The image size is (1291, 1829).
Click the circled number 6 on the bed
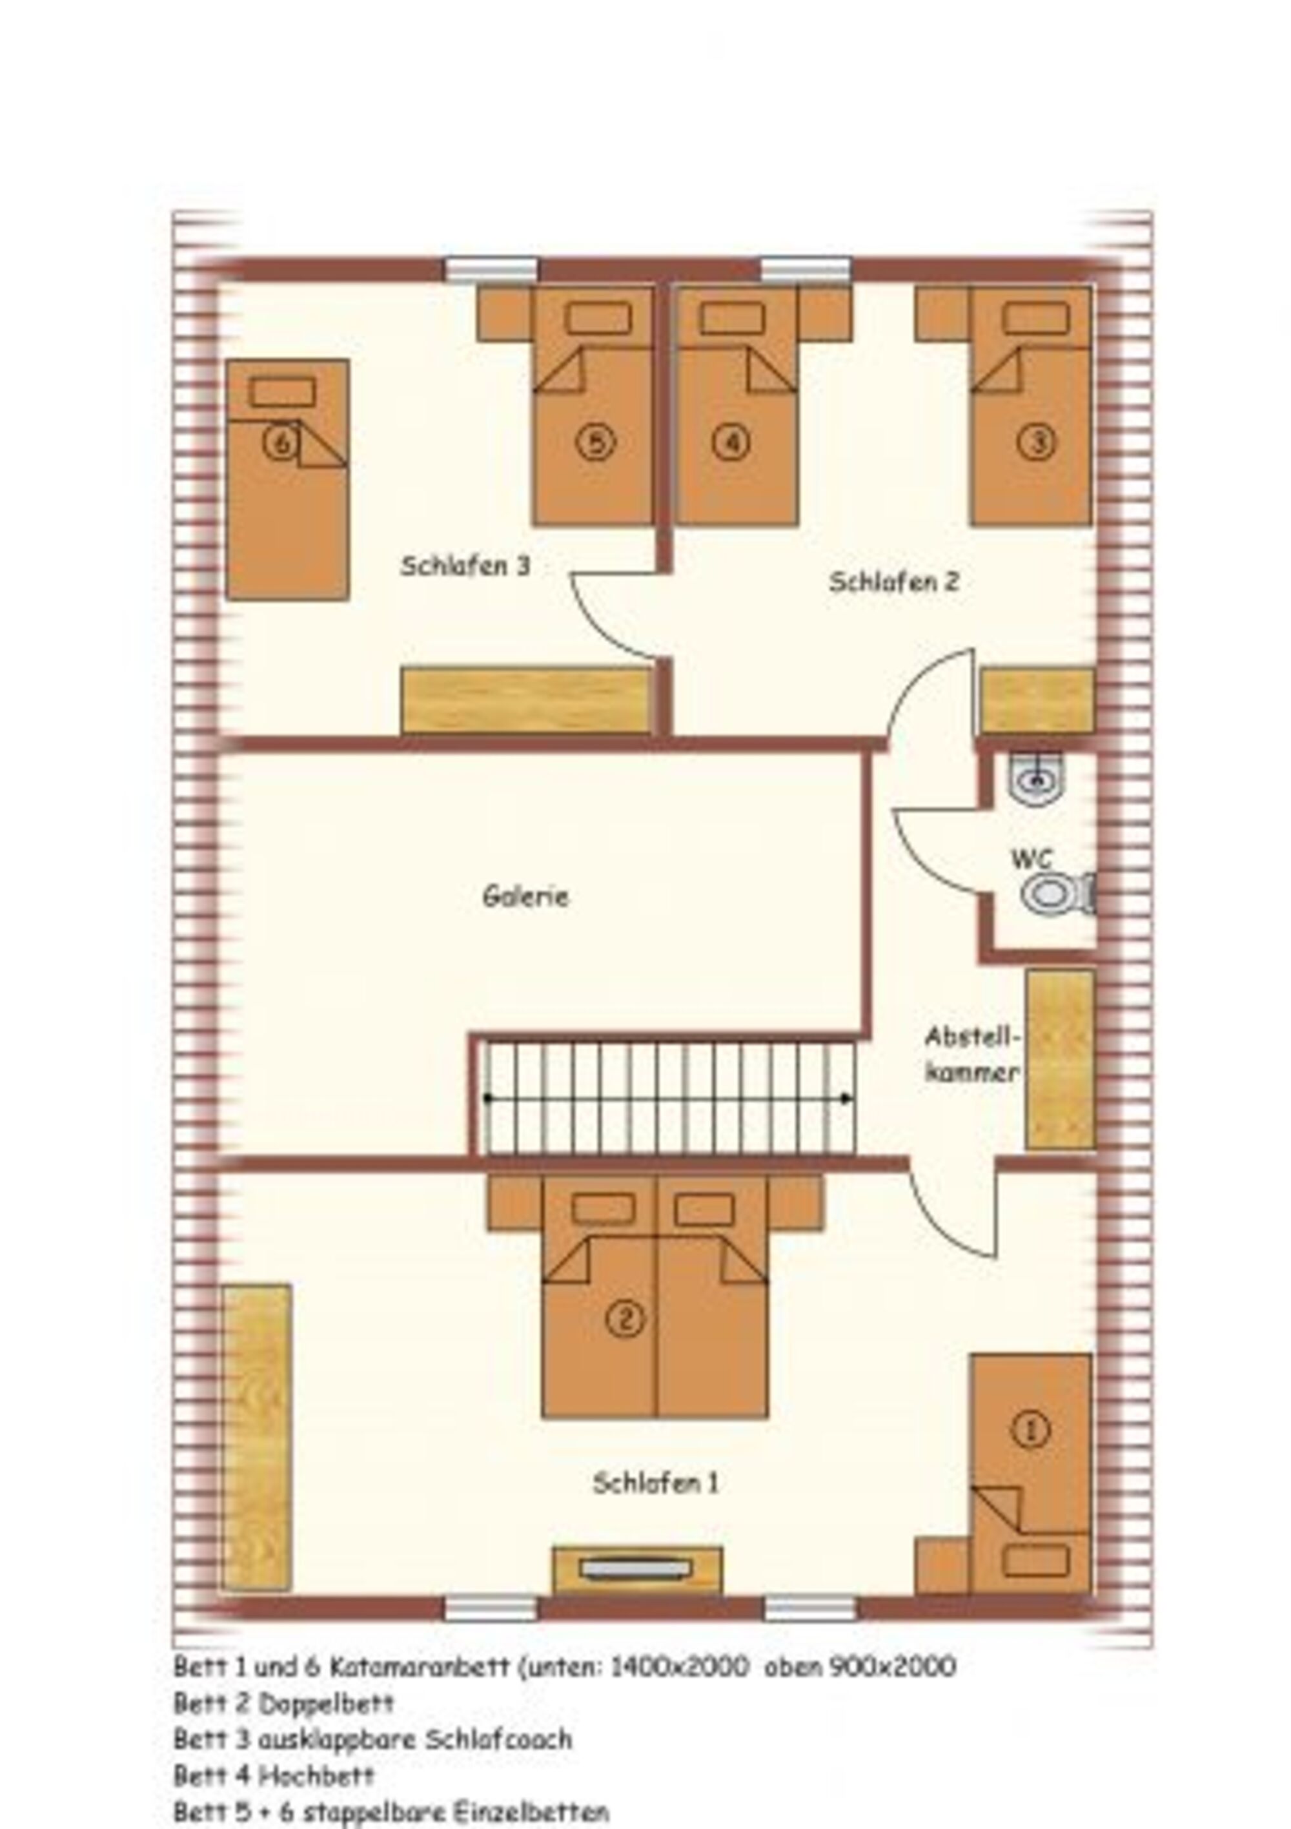[x=280, y=442]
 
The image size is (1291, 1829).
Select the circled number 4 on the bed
[x=731, y=442]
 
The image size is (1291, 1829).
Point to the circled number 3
[x=1037, y=442]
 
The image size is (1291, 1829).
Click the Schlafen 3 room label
[x=465, y=566]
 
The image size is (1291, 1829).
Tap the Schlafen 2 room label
[x=893, y=583]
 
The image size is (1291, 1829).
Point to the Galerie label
[x=525, y=897]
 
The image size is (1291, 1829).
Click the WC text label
[x=1032, y=859]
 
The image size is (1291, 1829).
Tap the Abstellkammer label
[x=972, y=1055]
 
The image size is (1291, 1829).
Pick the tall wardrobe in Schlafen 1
[x=256, y=1438]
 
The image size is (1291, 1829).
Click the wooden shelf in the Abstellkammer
[x=1059, y=1059]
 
